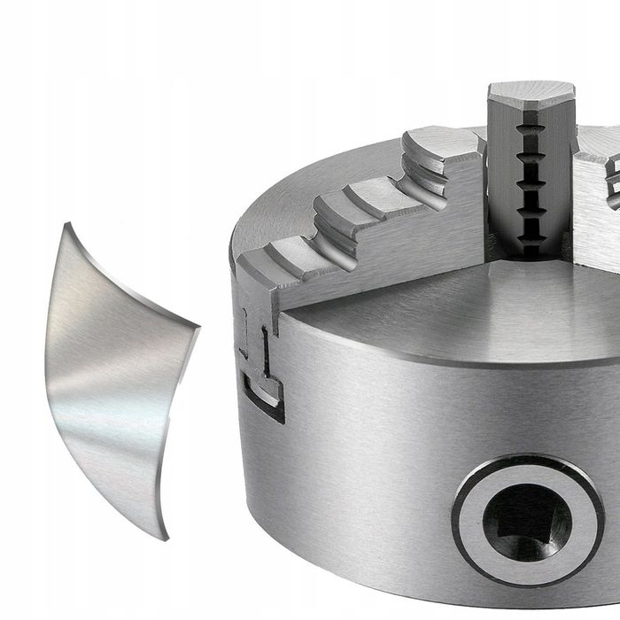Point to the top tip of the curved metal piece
coord(67,226)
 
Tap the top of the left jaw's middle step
coord(354,199)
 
